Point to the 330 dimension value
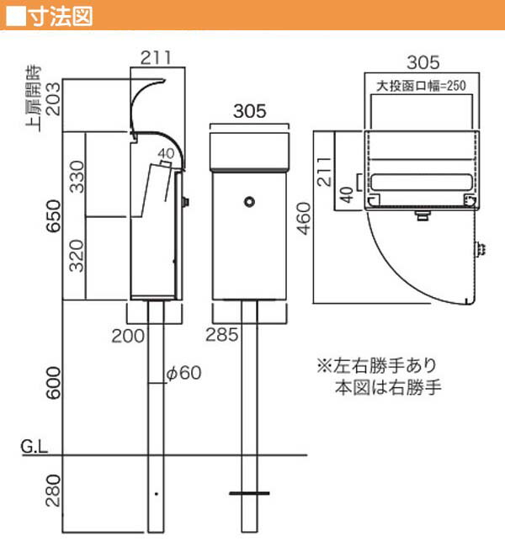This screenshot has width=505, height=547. pos(77,174)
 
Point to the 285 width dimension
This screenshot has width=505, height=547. pos(221,334)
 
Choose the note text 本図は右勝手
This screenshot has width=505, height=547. pos(389,388)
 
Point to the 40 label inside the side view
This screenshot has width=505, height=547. pos(165,153)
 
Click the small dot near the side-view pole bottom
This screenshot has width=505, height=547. pos(154,494)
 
